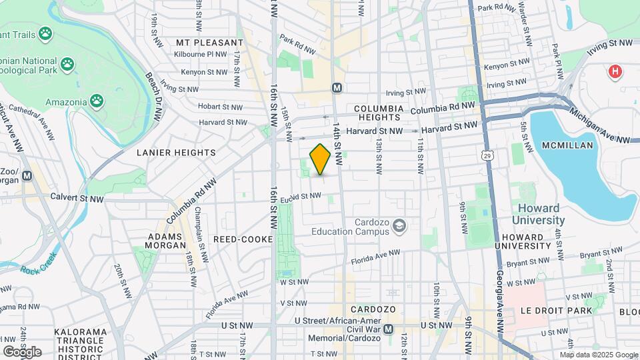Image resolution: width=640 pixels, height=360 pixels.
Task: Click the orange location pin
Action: (321, 159)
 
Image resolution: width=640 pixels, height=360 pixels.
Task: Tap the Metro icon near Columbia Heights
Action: (337, 88)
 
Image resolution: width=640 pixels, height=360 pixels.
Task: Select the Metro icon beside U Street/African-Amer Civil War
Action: (389, 329)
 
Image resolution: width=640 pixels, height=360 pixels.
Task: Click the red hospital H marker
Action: (615, 71)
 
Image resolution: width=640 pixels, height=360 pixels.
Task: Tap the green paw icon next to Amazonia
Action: (97, 101)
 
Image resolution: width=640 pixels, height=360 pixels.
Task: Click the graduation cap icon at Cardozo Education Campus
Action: (399, 226)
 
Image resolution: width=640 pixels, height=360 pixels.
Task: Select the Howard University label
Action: (539, 214)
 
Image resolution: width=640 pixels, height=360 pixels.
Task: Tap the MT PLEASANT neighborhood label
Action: (209, 42)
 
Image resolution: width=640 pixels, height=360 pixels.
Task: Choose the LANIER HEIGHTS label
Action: (176, 153)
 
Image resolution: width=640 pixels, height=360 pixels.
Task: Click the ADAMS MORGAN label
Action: (165, 240)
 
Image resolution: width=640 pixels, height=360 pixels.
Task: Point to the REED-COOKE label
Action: (243, 239)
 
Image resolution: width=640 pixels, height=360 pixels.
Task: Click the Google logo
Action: (22, 351)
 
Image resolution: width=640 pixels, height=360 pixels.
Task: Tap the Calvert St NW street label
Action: (77, 198)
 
